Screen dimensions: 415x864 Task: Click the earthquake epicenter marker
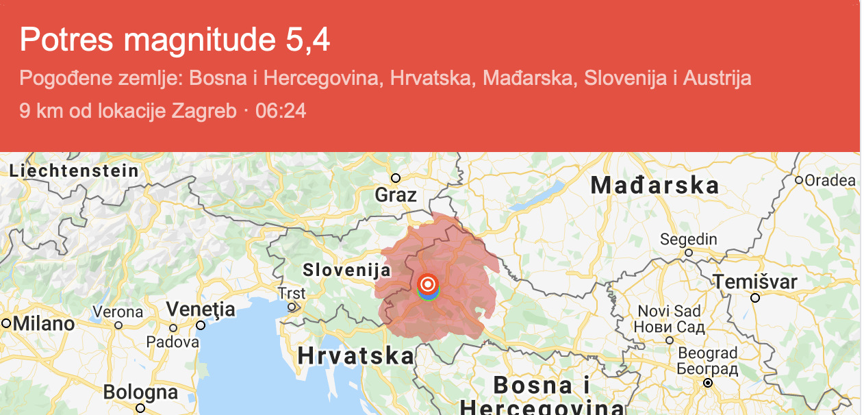click(428, 284)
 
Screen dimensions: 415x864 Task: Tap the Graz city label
click(396, 195)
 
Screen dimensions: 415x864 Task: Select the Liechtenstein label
click(75, 171)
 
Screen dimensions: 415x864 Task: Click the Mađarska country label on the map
click(655, 185)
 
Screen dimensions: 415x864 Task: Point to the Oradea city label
click(830, 181)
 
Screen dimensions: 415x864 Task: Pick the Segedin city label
click(688, 240)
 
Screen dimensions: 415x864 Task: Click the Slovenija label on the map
click(346, 270)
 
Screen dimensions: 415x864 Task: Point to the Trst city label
click(292, 293)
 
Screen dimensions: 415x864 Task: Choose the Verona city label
click(118, 312)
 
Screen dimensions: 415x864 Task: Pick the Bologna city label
click(140, 392)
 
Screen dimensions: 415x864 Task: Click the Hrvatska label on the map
click(356, 356)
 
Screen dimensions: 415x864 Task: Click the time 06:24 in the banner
click(281, 110)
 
